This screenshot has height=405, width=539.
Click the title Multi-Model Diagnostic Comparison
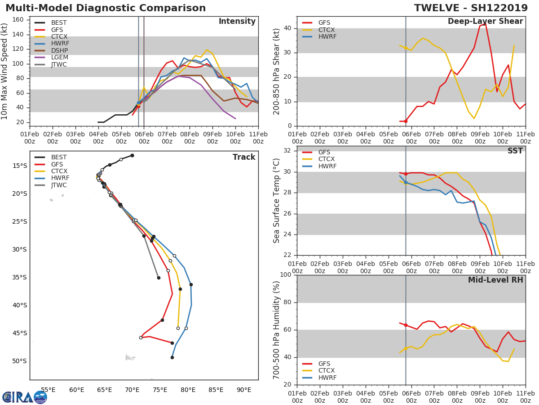106,8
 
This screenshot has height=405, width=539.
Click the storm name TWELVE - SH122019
471,8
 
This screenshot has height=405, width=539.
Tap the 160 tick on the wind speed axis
18,19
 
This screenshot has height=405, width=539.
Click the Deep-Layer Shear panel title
485,21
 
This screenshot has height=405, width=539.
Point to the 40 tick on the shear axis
287,28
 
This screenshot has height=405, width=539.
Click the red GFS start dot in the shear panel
406,121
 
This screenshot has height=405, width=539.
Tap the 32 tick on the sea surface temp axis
287,150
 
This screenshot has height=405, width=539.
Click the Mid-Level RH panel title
495,280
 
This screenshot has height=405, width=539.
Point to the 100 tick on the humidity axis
286,274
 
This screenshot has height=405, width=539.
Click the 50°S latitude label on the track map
19,361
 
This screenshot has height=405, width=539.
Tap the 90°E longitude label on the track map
244,390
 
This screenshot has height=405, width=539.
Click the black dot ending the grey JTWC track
159,278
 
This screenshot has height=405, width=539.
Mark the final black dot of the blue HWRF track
172,358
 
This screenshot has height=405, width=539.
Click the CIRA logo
25,397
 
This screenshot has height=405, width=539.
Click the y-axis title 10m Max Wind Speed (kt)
4,72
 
